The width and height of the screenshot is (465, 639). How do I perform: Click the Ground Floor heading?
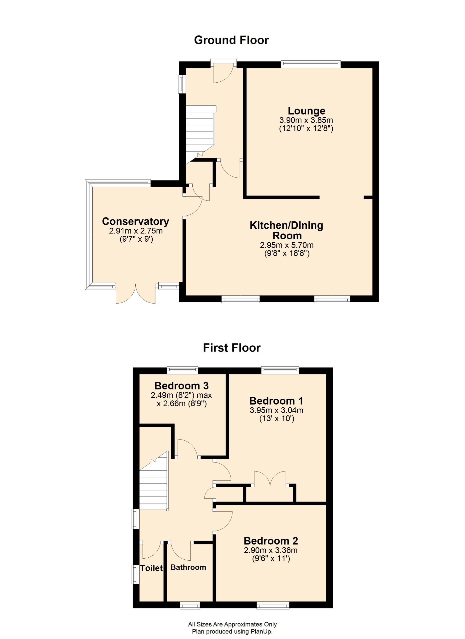click(231, 40)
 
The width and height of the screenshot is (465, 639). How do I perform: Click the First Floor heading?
click(232, 348)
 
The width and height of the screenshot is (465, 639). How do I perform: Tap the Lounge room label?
click(306, 111)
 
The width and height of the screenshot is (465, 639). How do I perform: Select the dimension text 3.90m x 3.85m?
click(306, 120)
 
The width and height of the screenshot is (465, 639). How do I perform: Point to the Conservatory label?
click(136, 221)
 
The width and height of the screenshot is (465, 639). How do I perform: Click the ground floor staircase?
click(200, 133)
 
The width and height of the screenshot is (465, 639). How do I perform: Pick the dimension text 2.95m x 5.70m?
click(287, 245)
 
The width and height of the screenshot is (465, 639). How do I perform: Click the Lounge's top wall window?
click(311, 64)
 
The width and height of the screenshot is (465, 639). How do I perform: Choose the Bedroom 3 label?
click(182, 385)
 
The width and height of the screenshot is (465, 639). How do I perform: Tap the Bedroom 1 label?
click(276, 401)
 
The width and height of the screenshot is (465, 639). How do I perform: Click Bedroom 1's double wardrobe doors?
click(270, 479)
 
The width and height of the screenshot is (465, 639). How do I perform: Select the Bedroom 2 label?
click(271, 541)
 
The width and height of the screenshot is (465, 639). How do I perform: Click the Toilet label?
click(151, 568)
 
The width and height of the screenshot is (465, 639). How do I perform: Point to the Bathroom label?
click(188, 567)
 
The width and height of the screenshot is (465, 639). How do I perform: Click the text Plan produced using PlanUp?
click(232, 632)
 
